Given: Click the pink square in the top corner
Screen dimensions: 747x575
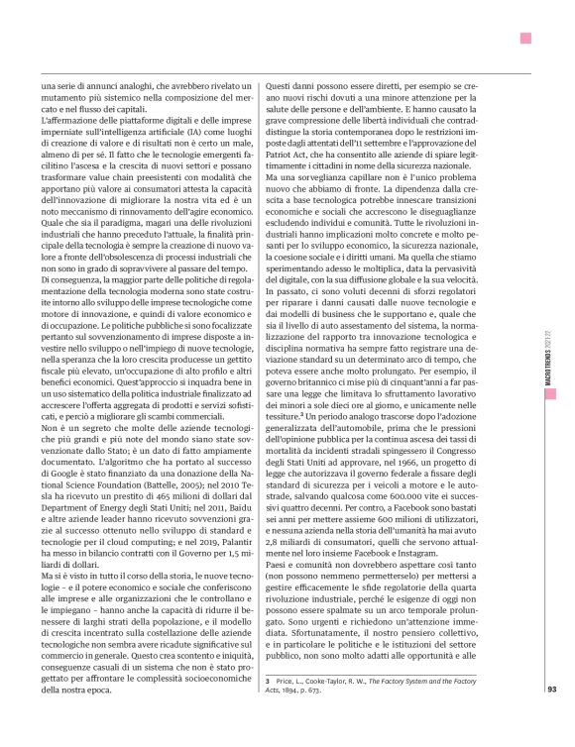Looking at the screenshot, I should (x=525, y=39).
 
